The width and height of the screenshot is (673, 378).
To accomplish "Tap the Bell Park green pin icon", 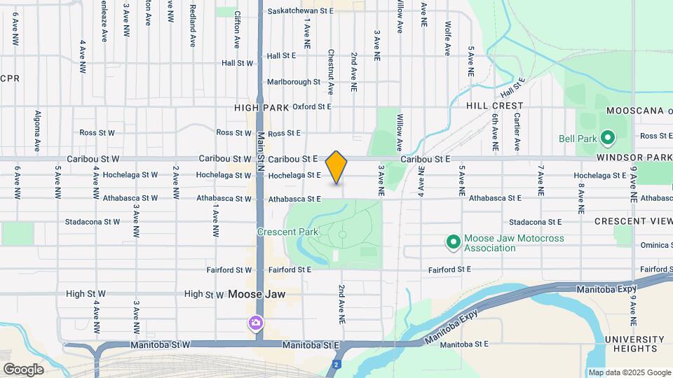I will pyautogui.click(x=608, y=138).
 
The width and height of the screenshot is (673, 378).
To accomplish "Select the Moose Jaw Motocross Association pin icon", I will pyautogui.click(x=454, y=243).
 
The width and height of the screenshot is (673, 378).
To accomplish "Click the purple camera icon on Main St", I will pyautogui.click(x=256, y=323).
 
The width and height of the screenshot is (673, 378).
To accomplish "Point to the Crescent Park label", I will pyautogui.click(x=287, y=232).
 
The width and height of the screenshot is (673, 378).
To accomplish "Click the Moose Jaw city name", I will pyautogui.click(x=257, y=295).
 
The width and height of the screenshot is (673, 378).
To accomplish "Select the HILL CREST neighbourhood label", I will pyautogui.click(x=495, y=106).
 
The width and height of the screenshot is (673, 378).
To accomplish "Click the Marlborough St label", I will pyautogui.click(x=293, y=82).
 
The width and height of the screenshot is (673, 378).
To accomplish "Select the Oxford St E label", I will pyautogui.click(x=311, y=107).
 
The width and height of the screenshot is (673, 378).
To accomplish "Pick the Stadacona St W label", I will pyautogui.click(x=93, y=222).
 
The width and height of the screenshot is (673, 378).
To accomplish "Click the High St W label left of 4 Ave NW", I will pyautogui.click(x=86, y=294).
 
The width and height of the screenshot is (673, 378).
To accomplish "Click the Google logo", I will pyautogui.click(x=24, y=369).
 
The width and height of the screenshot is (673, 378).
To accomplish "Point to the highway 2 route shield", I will pyautogui.click(x=337, y=365).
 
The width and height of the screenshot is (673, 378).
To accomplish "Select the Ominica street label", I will pyautogui.click(x=656, y=246).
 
